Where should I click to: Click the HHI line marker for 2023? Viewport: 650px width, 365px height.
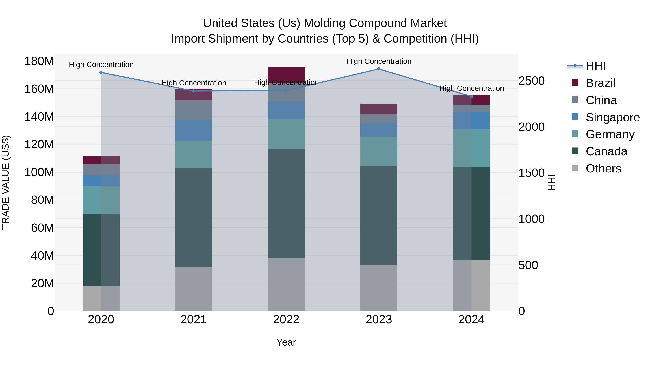tap(379, 69)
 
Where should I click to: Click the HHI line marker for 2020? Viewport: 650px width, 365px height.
tap(101, 72)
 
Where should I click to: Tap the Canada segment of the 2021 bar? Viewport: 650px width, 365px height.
tap(194, 217)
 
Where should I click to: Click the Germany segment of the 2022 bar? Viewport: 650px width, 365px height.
tap(286, 134)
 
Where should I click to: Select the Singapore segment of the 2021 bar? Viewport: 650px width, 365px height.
tap(194, 130)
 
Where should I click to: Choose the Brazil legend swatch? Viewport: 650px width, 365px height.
tap(575, 83)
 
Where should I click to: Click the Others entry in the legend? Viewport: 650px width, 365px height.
tap(603, 169)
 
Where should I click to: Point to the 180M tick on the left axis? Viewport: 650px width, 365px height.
tap(39, 61)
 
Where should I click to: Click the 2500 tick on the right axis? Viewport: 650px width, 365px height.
tap(531, 81)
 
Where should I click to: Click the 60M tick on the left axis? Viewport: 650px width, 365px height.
tap(42, 228)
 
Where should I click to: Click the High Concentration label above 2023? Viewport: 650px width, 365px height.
tap(379, 61)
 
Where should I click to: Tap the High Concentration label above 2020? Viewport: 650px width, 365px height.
tap(101, 65)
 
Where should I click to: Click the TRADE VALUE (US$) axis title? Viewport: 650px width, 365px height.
tap(6, 182)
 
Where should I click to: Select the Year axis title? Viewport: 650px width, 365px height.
tap(286, 342)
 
